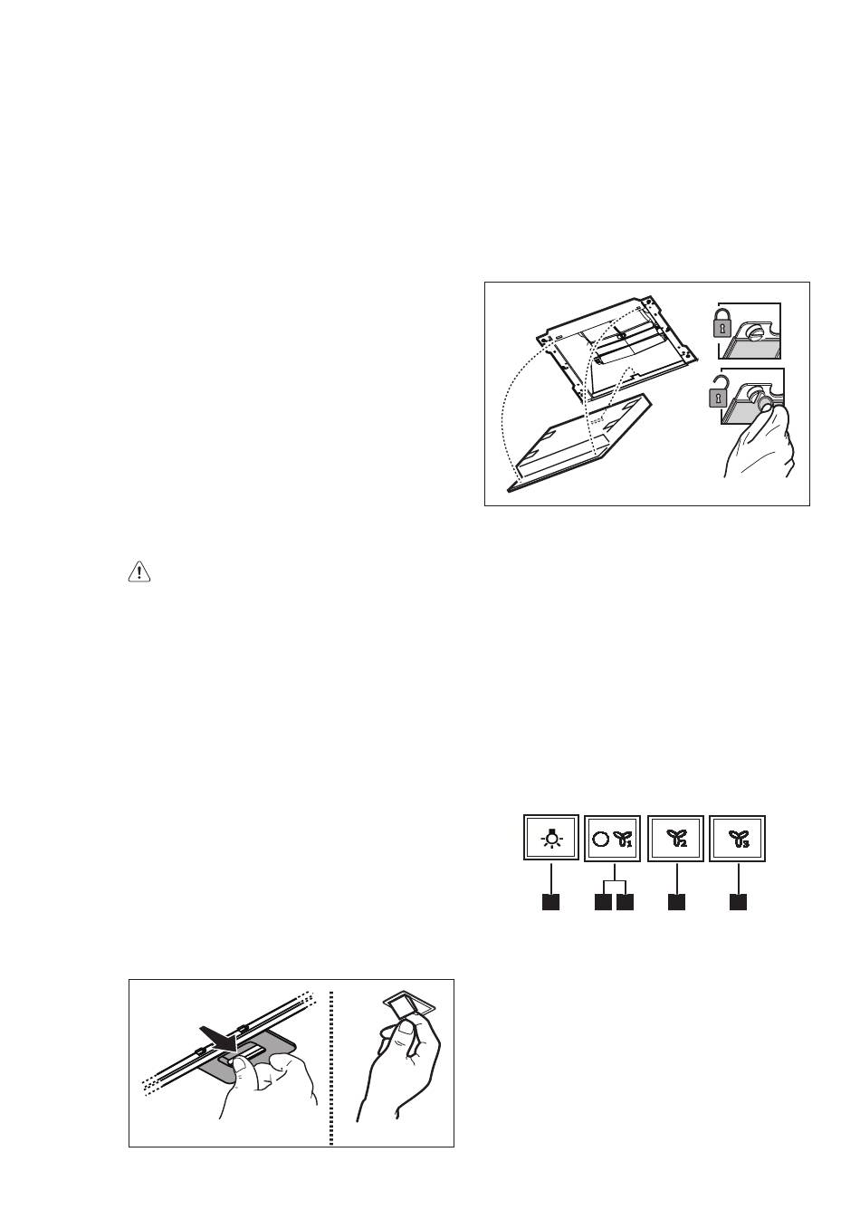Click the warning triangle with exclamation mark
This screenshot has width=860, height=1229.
[x=139, y=572]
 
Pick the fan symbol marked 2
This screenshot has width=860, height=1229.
[x=676, y=838]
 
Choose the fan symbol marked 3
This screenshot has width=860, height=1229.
[x=738, y=838]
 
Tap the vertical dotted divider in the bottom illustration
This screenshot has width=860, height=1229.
[x=331, y=1068]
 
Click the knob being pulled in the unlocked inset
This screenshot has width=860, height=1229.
[x=762, y=402]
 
